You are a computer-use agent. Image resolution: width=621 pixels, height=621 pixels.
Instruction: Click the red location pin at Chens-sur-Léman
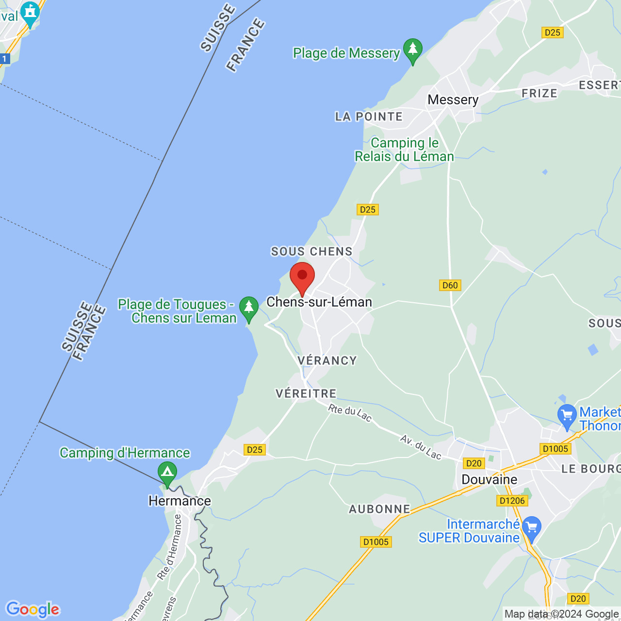point(302,277)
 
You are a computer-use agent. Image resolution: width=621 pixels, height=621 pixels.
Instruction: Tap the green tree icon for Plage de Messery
point(413,50)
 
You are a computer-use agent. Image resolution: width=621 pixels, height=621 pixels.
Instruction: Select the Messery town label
point(453,100)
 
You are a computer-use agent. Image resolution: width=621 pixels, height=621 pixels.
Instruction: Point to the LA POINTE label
point(369,117)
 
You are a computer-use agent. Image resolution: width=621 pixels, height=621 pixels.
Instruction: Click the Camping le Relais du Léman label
point(404,150)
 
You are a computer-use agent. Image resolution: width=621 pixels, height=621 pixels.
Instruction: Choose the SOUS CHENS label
point(311,251)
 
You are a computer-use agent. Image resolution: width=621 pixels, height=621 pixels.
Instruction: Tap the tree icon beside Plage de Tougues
point(249,308)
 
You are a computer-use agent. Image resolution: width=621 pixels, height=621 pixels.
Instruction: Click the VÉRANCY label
point(327,360)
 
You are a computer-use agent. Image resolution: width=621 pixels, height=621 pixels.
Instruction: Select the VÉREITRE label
point(306,393)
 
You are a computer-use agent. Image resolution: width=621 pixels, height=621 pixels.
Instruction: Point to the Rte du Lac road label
point(350,413)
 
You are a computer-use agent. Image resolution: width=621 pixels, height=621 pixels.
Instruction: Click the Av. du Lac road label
point(421,447)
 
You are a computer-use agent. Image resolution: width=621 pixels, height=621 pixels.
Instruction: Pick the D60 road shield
point(450,285)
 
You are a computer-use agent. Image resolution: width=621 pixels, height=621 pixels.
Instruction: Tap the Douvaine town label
point(489,480)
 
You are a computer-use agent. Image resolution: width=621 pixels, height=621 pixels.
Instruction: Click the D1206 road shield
point(512,501)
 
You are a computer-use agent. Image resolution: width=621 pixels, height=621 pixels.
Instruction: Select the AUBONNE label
point(379,509)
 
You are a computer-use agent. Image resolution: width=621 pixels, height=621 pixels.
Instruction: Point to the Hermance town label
point(180,501)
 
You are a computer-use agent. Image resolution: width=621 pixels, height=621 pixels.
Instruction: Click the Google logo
point(33,609)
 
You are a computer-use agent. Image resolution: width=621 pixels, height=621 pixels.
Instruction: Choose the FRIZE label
point(539,94)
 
